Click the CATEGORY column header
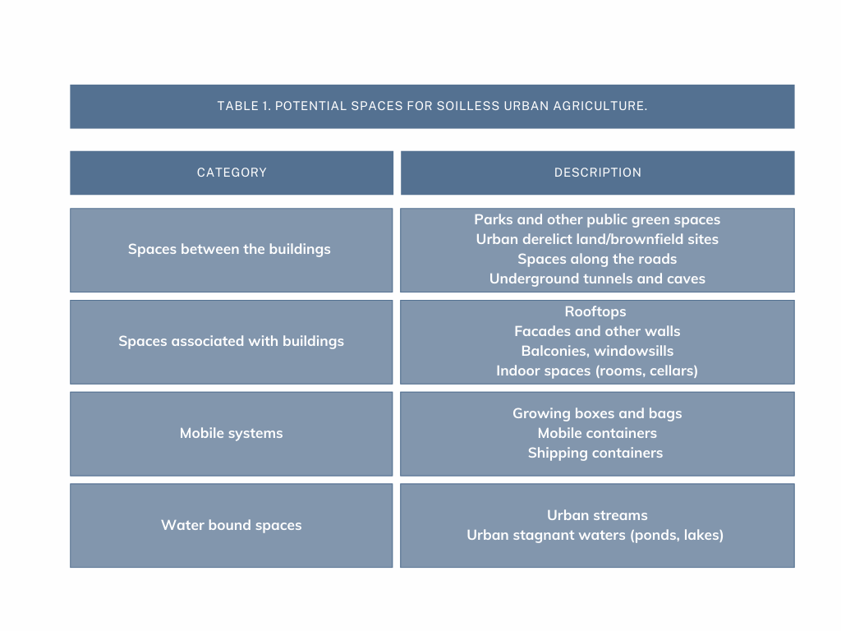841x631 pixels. coord(232,173)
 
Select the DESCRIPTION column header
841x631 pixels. coord(598,173)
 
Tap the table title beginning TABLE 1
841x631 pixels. coord(432,106)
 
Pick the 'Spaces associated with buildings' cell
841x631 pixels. coord(231,341)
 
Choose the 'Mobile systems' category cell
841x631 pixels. coord(231,434)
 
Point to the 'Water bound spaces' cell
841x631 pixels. coord(231,525)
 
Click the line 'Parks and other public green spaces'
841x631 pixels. coord(597,220)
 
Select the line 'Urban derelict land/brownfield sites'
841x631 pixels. coord(597,239)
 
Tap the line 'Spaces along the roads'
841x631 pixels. coord(597,259)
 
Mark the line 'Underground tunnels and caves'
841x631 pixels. coord(597,279)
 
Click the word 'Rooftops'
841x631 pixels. coord(595,311)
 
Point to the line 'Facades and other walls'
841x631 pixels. coord(597,332)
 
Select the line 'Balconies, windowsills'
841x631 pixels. coord(597,352)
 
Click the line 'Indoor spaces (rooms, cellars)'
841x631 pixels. coord(597,371)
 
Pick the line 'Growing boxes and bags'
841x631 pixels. coord(597,414)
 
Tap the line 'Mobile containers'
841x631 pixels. coord(597,434)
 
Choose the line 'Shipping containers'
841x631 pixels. coord(595,454)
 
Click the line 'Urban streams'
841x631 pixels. coord(597,516)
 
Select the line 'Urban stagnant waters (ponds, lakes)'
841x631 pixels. coord(595,536)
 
